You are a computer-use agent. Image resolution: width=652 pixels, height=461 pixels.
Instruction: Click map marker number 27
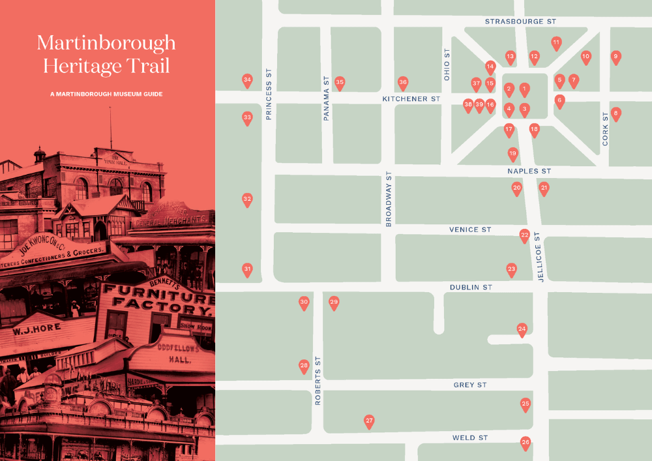tap(369, 421)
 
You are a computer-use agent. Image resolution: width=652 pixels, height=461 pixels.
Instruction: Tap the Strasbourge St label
tap(520, 22)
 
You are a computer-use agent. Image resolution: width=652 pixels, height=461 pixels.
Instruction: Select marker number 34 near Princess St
tap(247, 81)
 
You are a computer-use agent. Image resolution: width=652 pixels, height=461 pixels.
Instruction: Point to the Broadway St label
tap(389, 200)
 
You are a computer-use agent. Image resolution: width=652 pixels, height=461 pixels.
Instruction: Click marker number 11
tap(556, 43)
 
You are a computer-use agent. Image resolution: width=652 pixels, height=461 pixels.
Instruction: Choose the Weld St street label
tap(470, 438)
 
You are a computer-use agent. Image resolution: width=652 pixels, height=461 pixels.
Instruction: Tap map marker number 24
tap(522, 329)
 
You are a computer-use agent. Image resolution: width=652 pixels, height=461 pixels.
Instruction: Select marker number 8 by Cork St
tap(615, 113)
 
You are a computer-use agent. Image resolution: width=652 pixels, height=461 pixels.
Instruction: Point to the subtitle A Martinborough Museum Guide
tap(106, 94)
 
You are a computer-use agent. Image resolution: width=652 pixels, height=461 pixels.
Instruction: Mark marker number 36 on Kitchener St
tap(403, 82)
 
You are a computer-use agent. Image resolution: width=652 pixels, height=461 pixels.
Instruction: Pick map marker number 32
tap(247, 199)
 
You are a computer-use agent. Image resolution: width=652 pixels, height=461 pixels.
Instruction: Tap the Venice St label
tap(470, 230)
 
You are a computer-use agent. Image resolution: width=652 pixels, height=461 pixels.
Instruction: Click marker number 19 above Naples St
tap(512, 154)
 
